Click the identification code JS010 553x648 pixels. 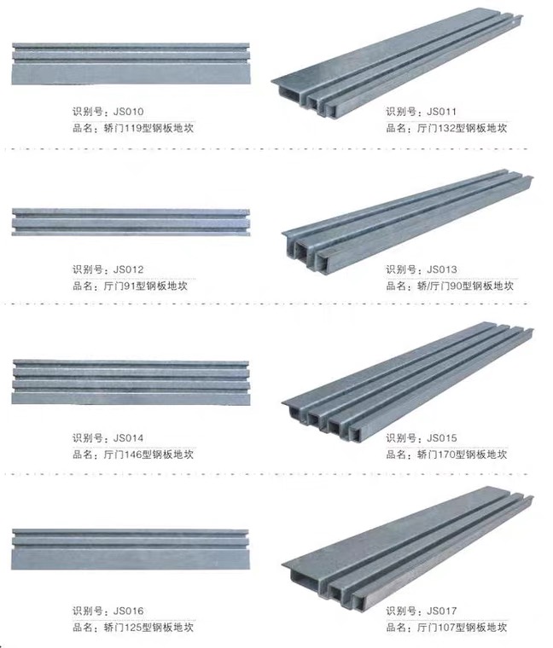129,112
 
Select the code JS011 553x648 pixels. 442,112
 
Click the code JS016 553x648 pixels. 129,610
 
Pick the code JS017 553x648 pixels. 442,610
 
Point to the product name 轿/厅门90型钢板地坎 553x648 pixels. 465,286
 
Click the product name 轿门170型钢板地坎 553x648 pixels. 464,454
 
